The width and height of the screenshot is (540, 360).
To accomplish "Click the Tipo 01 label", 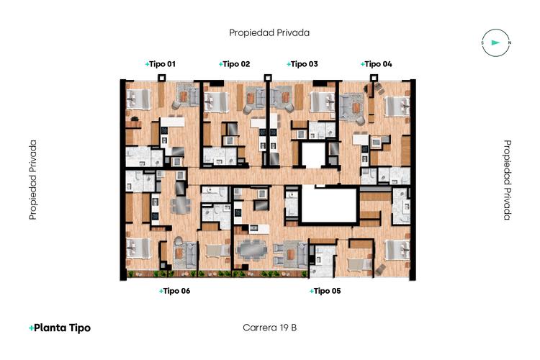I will (x=161, y=64).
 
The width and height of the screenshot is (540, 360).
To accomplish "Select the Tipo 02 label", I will (x=235, y=64).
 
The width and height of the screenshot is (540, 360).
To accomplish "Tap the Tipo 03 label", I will (x=302, y=64).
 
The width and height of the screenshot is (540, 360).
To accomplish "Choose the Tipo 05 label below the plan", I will (x=325, y=291).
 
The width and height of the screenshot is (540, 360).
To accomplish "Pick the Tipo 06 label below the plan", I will (x=174, y=291).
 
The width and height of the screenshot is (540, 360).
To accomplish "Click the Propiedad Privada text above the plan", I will (x=269, y=32).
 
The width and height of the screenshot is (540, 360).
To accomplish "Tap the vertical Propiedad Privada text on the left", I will (x=32, y=179).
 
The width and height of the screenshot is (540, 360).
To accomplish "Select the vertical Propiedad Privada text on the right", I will (x=507, y=179).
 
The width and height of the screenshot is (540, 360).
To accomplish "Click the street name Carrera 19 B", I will (x=270, y=328).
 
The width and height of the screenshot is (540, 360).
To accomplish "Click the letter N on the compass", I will (x=509, y=43).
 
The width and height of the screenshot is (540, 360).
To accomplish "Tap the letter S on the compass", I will (x=482, y=43).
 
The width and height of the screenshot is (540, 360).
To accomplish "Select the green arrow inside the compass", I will (x=495, y=42).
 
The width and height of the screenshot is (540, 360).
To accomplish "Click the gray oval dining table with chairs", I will (x=251, y=248).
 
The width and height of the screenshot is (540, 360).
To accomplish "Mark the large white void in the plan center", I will (x=329, y=205).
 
